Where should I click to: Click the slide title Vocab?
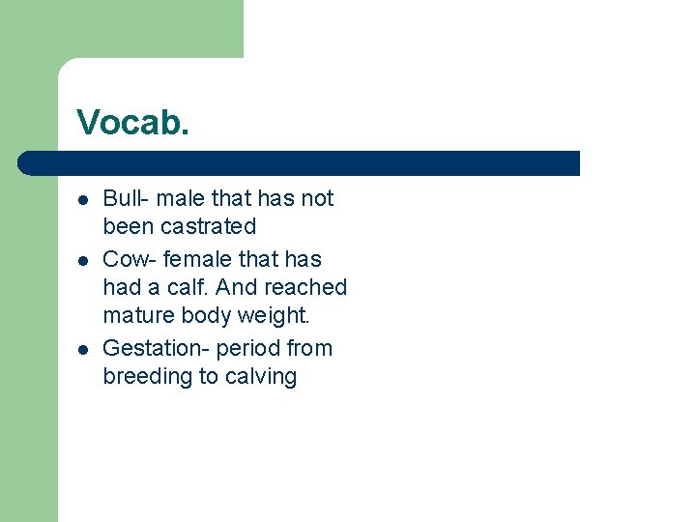click(133, 122)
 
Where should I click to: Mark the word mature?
click(136, 315)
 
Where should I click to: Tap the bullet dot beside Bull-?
click(84, 200)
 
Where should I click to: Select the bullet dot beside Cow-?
click(84, 260)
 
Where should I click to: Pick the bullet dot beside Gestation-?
click(84, 349)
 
